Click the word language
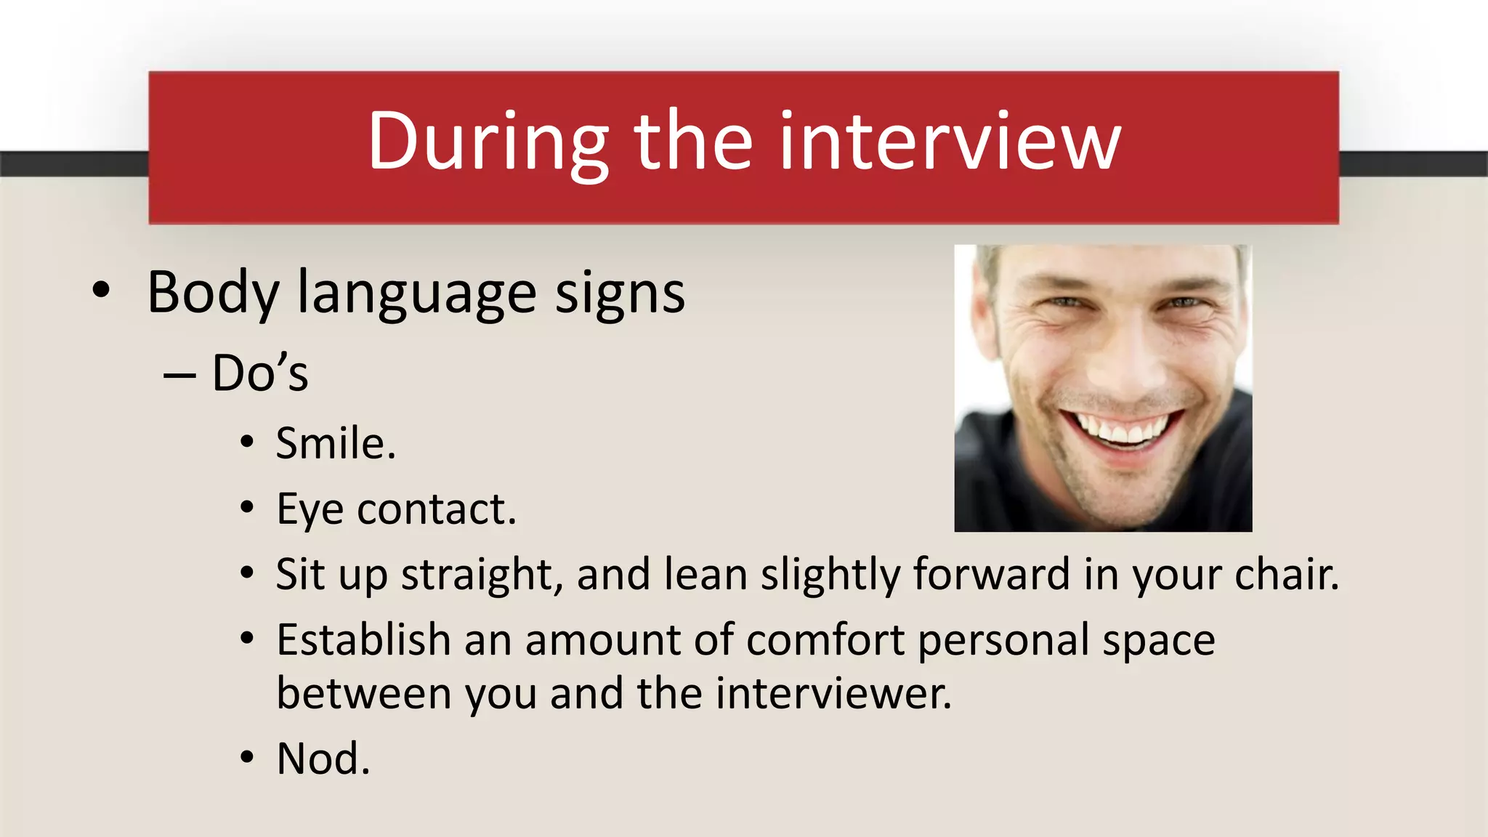[x=417, y=293]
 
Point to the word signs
[x=620, y=293]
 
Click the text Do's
[x=260, y=373]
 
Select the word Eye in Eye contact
[x=310, y=509]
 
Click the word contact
[x=437, y=509]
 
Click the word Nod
[x=323, y=759]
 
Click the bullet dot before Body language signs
[x=102, y=291]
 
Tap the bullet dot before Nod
[x=248, y=758]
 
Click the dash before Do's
[x=179, y=375]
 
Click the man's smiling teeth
[x=1123, y=430]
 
